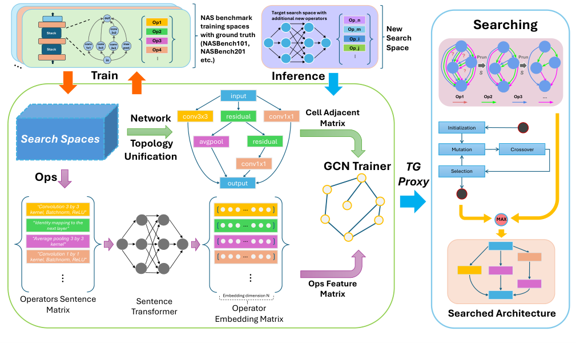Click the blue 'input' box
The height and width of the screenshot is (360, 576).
coord(238,96)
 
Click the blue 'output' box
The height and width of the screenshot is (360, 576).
coord(238,183)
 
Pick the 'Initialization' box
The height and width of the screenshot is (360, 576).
coord(462,128)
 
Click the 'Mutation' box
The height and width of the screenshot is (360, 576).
coord(462,149)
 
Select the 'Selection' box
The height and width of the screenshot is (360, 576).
coord(462,170)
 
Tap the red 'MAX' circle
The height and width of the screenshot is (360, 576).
coord(501,219)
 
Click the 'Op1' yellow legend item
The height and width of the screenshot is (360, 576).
coord(157,22)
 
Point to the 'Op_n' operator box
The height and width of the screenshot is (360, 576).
coord(352,20)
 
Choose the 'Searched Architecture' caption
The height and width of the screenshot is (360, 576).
coord(501,313)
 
